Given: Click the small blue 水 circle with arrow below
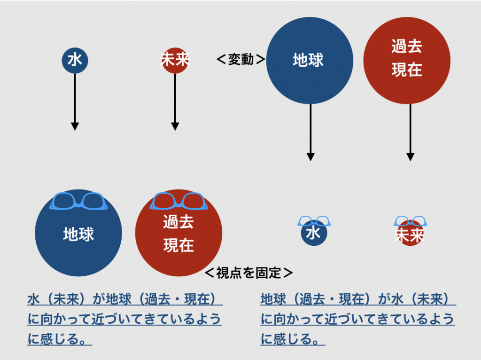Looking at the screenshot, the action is [75, 61].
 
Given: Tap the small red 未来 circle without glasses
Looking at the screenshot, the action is [175, 61].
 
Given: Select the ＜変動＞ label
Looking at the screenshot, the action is [241, 59].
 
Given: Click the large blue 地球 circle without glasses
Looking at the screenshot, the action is [310, 61].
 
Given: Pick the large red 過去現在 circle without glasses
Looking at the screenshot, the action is [407, 61].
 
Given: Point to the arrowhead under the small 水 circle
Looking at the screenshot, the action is [75, 126].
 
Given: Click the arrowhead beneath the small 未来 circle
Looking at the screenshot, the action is [175, 126].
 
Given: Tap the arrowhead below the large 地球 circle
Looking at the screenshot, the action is [310, 157].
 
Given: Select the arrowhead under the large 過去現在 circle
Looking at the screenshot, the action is [410, 157].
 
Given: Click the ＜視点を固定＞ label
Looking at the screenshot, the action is [248, 273].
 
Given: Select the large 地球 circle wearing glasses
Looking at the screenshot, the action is [78, 233].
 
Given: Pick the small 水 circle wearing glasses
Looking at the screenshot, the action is [314, 232].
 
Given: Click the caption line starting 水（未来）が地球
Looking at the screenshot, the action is [125, 299].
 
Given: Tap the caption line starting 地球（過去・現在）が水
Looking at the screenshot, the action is [358, 299].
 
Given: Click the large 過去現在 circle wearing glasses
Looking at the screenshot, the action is [178, 233].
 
